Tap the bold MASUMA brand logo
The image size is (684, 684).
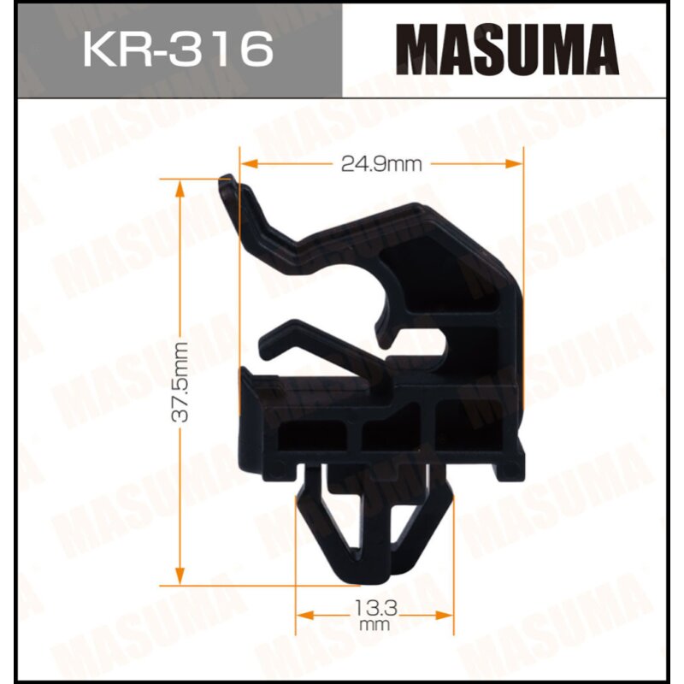click(x=511, y=49)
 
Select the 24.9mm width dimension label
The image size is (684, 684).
click(x=381, y=164)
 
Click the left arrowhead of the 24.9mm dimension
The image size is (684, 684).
click(x=245, y=163)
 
